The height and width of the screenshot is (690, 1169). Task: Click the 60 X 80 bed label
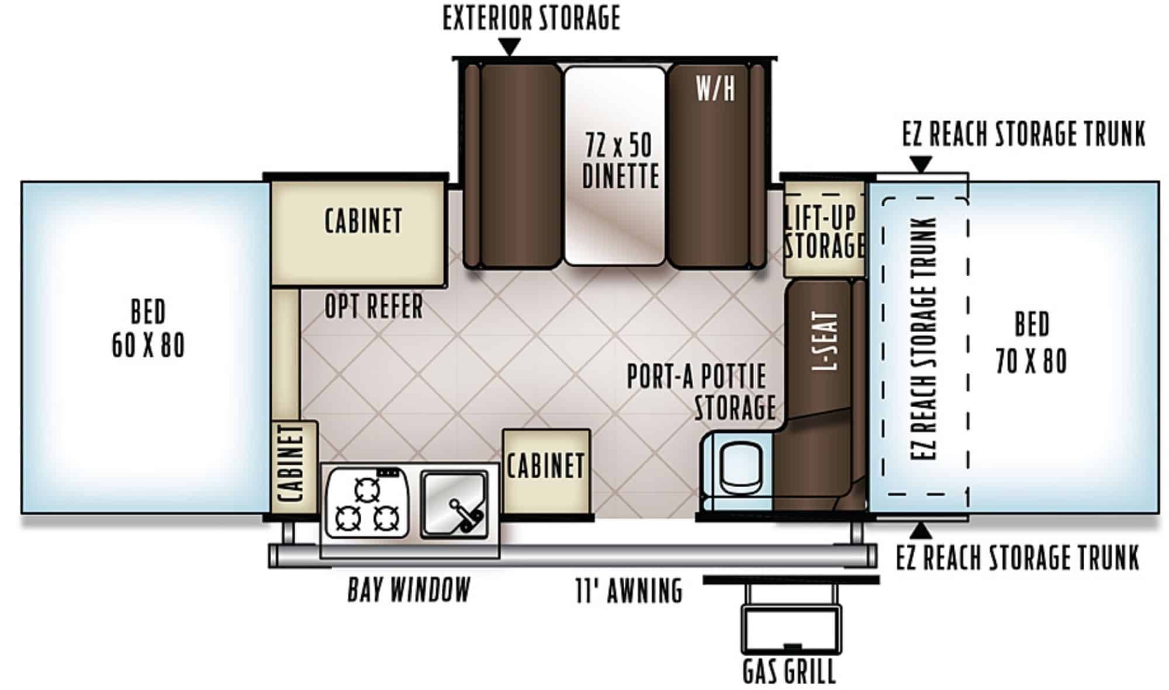(148, 328)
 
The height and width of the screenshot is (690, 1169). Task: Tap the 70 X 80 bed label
(1032, 343)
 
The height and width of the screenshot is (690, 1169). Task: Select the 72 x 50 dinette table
(615, 165)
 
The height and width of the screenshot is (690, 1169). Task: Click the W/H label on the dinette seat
(715, 89)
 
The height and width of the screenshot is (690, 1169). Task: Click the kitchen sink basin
(454, 504)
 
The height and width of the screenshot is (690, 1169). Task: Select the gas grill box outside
(792, 629)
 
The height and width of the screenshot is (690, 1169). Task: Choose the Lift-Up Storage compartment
(824, 229)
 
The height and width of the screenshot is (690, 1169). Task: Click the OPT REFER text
(373, 306)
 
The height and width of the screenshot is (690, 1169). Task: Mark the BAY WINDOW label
(409, 589)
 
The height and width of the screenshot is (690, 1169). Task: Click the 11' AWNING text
(629, 590)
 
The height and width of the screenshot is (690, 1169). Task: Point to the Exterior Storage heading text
(531, 18)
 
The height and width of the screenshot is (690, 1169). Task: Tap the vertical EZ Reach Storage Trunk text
(924, 339)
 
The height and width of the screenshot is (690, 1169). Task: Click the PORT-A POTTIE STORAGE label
(700, 391)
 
